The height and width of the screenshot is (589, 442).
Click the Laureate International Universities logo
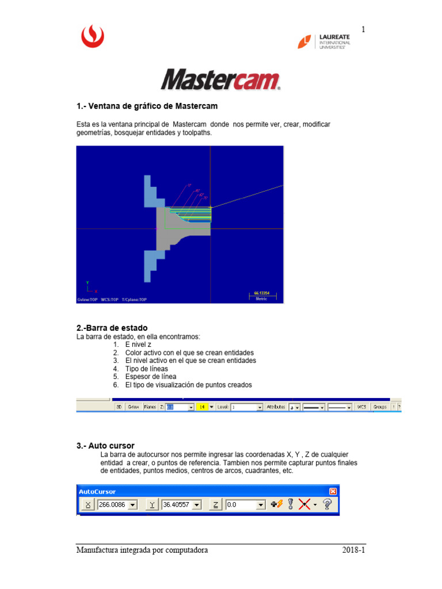click(323, 41)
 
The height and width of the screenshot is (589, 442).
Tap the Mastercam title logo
click(220, 80)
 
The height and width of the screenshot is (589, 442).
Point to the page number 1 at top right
click(364, 29)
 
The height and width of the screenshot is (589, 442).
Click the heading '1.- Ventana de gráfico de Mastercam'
click(147, 106)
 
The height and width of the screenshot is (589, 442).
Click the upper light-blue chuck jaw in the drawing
click(151, 193)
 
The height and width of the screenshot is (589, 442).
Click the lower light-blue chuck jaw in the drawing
click(151, 265)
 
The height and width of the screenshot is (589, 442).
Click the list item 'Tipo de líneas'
click(146, 368)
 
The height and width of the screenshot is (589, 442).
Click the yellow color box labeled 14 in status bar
click(202, 407)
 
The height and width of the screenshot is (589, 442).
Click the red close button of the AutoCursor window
click(333, 491)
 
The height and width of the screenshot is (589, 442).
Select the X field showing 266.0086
click(117, 504)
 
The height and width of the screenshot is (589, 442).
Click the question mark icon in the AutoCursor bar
click(327, 504)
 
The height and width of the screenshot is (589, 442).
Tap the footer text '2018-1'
click(353, 550)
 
